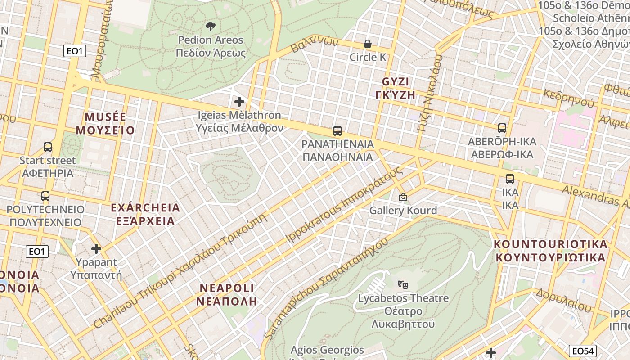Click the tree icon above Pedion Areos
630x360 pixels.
click(210, 27)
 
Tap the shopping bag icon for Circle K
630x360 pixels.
click(368, 44)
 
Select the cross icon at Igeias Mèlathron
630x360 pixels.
click(239, 102)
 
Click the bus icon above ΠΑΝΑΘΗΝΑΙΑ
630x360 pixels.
click(337, 131)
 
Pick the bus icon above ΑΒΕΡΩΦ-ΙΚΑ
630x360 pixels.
click(502, 128)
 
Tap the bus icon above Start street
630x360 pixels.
click(48, 147)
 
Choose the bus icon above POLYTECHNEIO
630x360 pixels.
click(45, 196)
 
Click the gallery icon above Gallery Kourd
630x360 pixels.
click(403, 197)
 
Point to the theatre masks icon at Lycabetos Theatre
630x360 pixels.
click(403, 284)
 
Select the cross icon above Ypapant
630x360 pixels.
click(96, 249)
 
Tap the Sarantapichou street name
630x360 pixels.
click(325, 288)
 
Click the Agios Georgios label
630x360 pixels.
click(327, 350)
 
